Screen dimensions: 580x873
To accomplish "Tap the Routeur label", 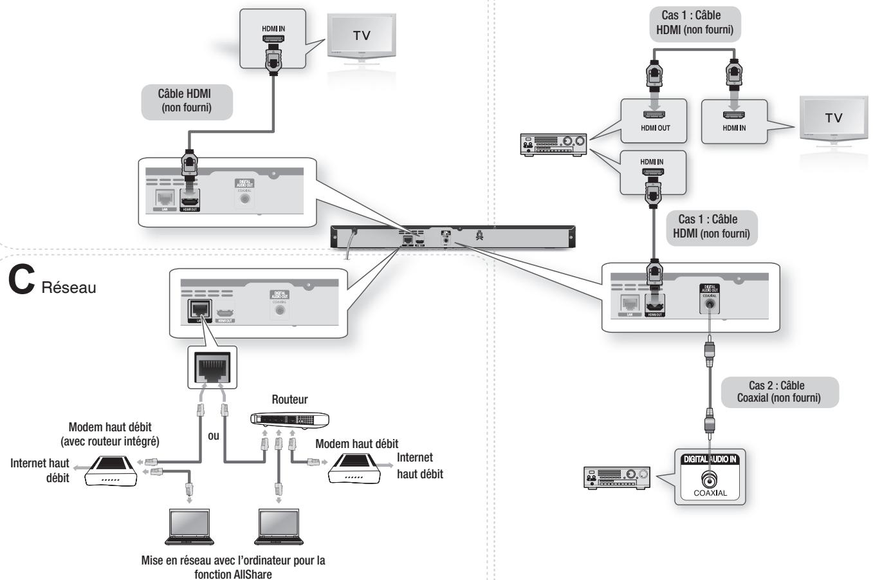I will (289, 399).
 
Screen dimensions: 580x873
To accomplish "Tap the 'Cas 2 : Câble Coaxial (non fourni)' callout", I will (779, 392).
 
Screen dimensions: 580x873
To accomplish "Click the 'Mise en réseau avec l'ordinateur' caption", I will (233, 566).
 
